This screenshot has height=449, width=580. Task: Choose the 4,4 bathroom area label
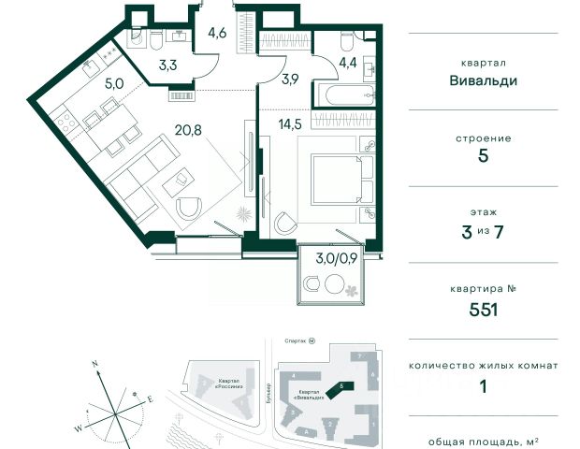(x=347, y=65)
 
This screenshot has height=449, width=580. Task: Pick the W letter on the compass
(x=79, y=427)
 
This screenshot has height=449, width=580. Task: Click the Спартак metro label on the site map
(x=297, y=341)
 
